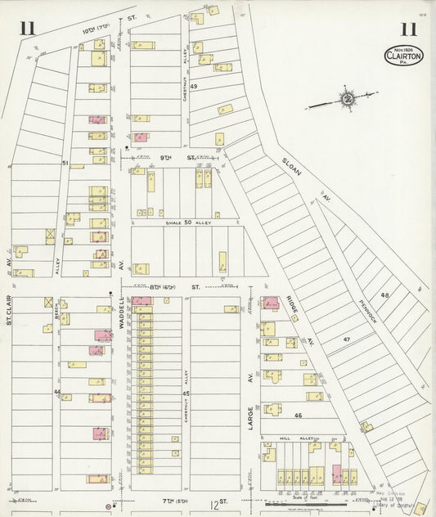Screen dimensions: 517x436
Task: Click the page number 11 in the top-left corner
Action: point(27,29)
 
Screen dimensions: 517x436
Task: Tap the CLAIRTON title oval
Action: point(404,55)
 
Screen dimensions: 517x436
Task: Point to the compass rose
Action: point(347,100)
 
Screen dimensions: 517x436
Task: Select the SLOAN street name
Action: point(290,164)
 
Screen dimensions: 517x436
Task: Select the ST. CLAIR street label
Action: point(9,310)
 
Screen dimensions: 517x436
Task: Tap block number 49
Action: point(194,86)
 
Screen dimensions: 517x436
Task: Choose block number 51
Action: point(65,164)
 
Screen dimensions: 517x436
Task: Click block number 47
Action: point(346,339)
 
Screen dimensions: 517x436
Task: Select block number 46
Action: point(298,416)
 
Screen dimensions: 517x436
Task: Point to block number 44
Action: point(57,393)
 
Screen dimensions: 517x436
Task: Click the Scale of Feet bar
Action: point(312,501)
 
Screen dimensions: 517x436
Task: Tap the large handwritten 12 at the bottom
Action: point(214,507)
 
